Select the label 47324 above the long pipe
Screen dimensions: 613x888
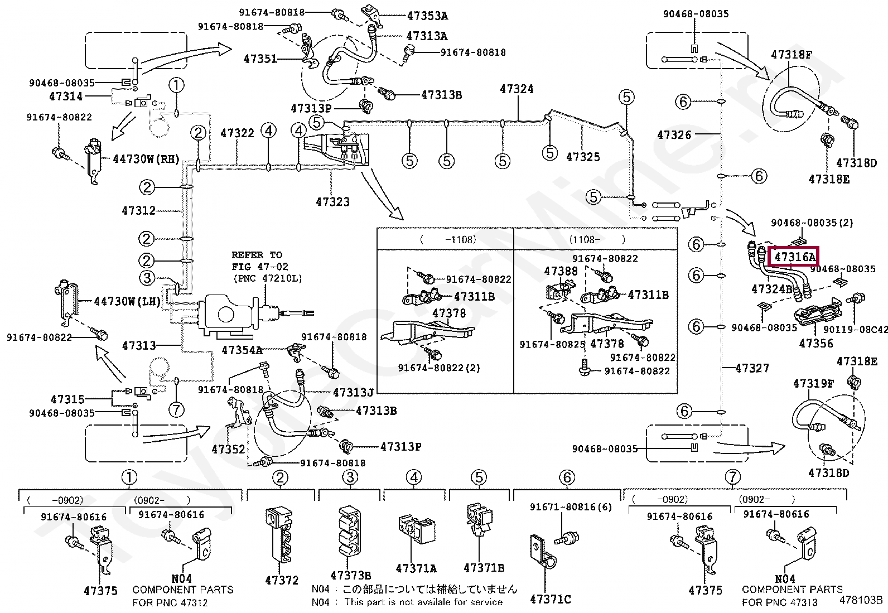(x=516, y=89)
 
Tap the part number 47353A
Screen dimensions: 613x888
(x=427, y=16)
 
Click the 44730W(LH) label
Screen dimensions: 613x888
(x=127, y=302)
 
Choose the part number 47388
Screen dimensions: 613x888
(x=561, y=272)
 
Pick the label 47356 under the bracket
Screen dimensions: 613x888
(x=815, y=344)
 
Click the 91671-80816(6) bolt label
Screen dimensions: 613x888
(x=571, y=507)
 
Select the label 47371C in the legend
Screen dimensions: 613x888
(x=550, y=599)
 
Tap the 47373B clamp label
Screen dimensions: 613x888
(x=350, y=576)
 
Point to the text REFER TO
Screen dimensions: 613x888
(x=257, y=255)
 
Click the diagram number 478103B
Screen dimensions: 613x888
(x=861, y=600)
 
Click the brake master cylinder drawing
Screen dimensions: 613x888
(x=229, y=315)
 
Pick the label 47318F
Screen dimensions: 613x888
(x=791, y=55)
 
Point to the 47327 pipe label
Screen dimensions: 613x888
(x=752, y=368)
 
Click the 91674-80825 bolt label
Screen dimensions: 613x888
(x=552, y=345)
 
